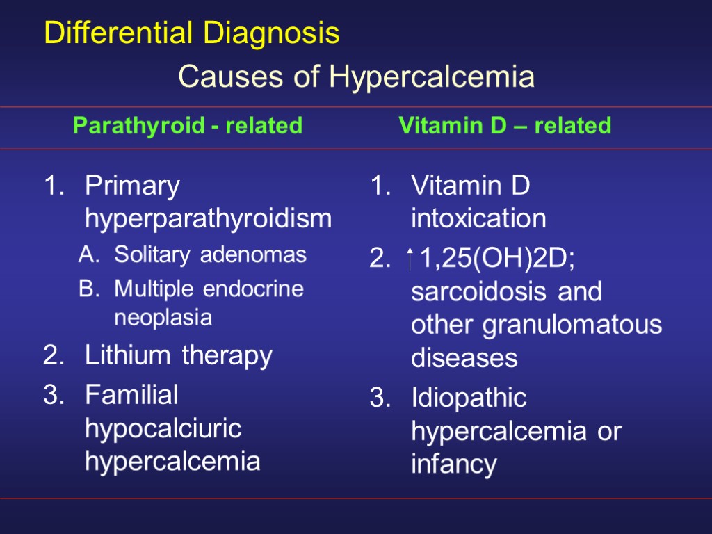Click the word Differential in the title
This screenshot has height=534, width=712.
click(120, 33)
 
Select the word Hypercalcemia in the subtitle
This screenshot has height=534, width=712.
click(432, 78)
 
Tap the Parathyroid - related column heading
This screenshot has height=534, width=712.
click(188, 126)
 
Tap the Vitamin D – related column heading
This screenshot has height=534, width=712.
click(505, 126)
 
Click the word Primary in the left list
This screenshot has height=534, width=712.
click(132, 187)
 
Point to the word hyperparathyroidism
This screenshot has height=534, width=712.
click(208, 220)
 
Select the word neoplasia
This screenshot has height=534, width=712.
click(163, 318)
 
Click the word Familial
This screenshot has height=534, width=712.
click(131, 395)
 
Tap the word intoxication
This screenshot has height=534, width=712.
click(478, 220)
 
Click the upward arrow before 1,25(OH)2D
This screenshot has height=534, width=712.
click(411, 261)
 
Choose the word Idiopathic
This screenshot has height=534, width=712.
click(469, 399)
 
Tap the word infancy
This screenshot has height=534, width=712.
click(453, 464)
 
